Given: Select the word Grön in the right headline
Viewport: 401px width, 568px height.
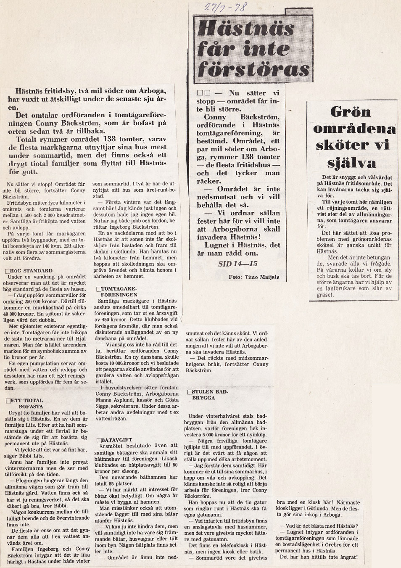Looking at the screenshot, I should coord(351,112).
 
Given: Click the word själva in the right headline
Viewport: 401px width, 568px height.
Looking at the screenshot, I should coord(352,162).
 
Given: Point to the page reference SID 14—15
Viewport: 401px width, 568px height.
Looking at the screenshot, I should coord(238,264).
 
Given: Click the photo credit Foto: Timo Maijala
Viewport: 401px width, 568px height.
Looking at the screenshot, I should coord(254,277).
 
